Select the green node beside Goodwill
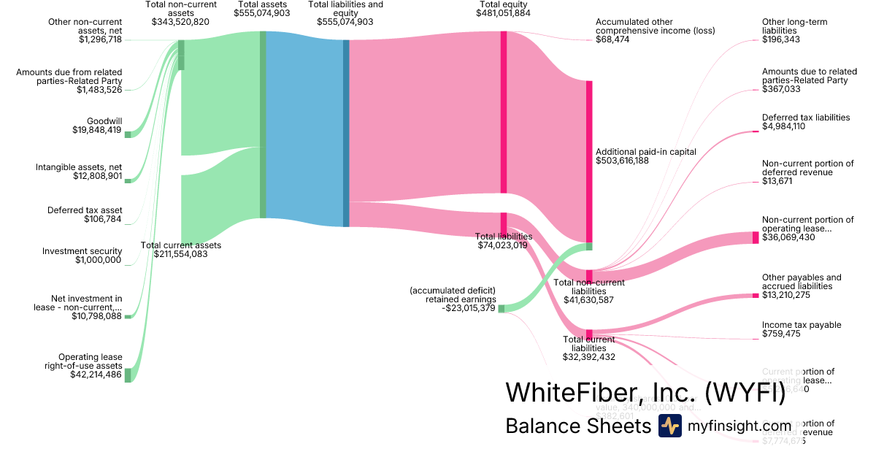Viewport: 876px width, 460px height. coord(128,134)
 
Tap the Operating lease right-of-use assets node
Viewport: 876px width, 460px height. coord(128,375)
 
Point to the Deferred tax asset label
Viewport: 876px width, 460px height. coord(87,210)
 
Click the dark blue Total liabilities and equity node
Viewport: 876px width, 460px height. coord(346,133)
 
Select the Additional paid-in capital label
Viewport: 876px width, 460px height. coord(645,152)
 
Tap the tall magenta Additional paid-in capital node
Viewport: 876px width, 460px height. coord(589,161)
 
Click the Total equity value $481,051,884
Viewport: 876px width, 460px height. coord(503,13)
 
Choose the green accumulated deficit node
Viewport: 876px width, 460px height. coord(502,308)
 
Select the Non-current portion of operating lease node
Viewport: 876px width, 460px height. coord(756,237)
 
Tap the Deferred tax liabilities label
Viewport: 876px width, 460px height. coord(805,117)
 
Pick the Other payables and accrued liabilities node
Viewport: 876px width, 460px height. coord(756,296)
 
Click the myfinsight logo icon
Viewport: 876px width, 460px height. coord(669,426)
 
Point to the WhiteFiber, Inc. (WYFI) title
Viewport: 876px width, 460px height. coord(645,393)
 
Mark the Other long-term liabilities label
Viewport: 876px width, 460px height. coord(794,26)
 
